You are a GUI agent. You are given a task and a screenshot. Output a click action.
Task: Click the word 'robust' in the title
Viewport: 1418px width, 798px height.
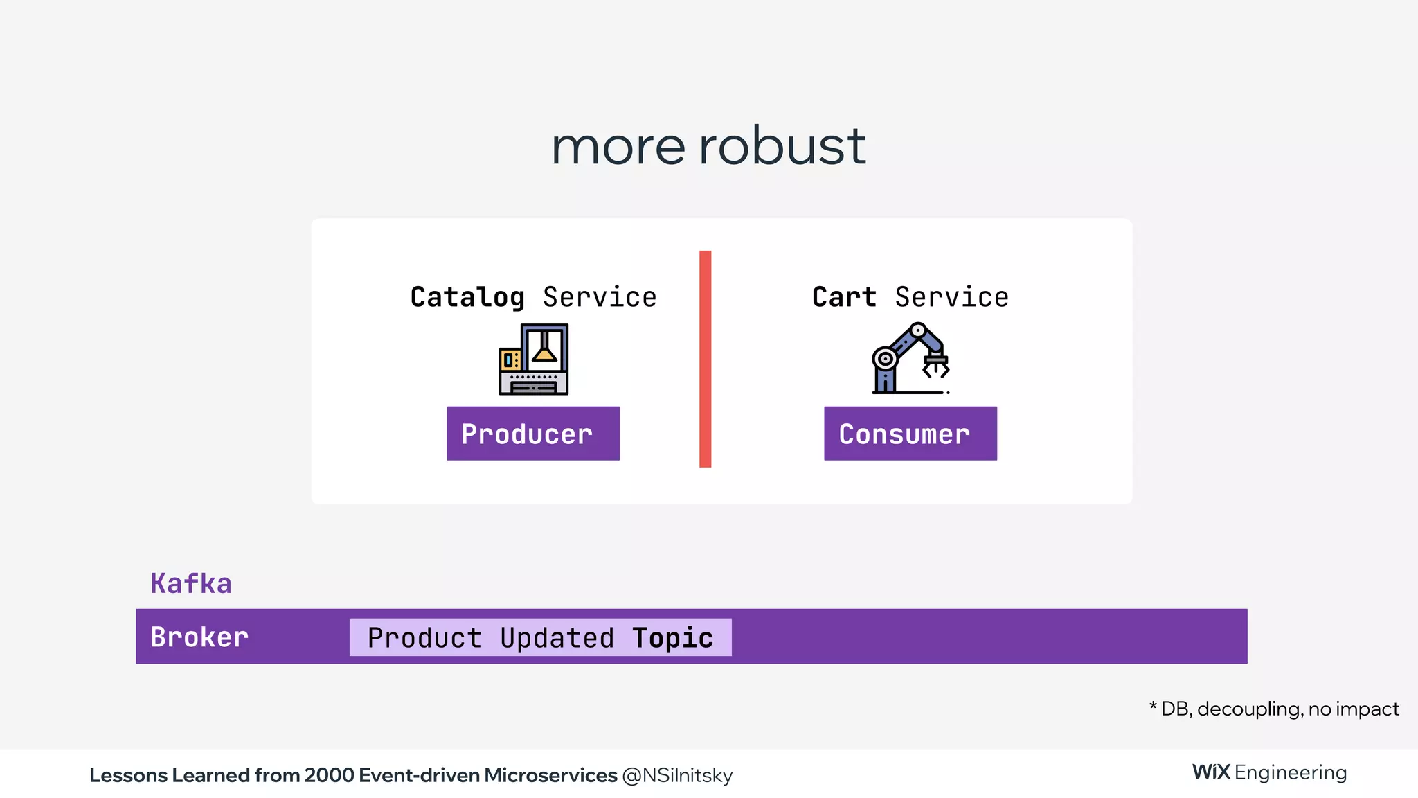tap(782, 146)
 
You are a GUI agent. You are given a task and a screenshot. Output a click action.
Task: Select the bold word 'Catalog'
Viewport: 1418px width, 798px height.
tap(467, 297)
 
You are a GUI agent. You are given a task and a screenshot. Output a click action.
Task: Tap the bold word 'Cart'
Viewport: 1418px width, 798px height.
tap(844, 297)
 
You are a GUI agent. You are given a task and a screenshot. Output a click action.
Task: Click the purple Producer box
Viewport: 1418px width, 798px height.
tap(532, 434)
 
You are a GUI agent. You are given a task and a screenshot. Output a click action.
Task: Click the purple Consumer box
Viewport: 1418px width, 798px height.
tap(910, 434)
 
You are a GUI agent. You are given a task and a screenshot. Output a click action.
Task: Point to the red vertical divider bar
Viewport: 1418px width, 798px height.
tap(705, 359)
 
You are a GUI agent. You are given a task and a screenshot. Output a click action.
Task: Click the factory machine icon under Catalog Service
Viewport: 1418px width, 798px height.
tap(533, 360)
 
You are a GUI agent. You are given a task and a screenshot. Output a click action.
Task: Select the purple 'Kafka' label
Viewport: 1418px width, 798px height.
tap(191, 583)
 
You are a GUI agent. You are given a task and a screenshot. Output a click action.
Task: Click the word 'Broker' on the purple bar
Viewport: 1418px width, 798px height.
tap(199, 637)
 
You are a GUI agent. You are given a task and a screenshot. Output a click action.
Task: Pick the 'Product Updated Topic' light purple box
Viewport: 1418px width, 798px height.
tap(540, 637)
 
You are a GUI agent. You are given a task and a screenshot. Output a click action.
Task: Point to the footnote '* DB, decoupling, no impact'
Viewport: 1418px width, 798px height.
tap(1274, 709)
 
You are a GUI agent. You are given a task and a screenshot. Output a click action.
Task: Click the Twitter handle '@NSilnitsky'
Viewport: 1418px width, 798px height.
tap(676, 775)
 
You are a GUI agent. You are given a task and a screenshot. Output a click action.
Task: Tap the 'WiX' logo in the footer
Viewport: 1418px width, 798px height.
tap(1210, 772)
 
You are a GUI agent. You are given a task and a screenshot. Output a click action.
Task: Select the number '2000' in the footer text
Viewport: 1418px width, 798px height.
tap(329, 775)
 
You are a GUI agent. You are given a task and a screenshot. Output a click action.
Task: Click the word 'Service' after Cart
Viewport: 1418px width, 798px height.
tap(951, 297)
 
